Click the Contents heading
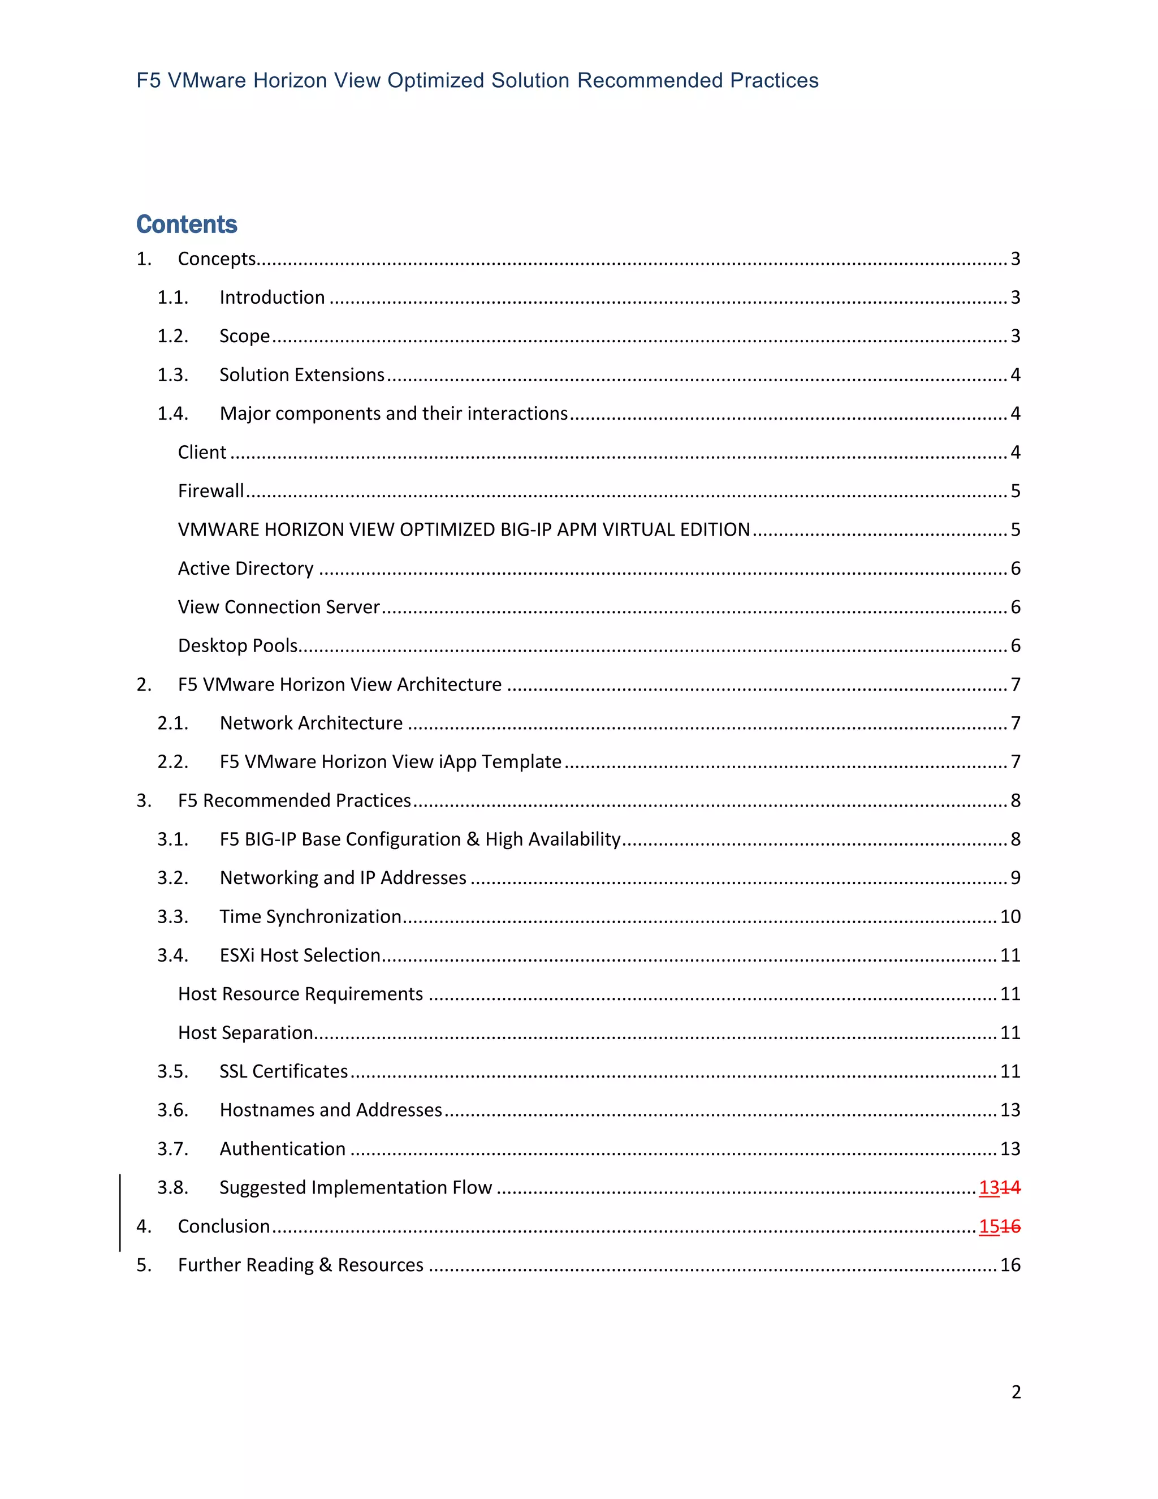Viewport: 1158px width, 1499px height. point(187,225)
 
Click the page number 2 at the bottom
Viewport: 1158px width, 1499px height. point(1016,1392)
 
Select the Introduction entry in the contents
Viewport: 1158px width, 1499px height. point(271,297)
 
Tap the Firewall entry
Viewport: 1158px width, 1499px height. point(210,491)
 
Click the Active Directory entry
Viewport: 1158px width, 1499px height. point(245,568)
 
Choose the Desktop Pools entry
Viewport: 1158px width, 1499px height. point(237,645)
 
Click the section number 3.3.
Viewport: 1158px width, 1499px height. point(172,916)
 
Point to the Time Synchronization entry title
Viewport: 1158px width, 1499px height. point(310,916)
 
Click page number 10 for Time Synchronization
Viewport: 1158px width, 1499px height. point(1010,916)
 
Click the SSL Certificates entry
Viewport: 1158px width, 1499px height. point(283,1071)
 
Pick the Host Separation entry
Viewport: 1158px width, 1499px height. point(245,1032)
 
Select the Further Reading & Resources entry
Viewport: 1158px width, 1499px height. point(300,1265)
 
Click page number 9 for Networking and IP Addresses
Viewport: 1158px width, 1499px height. point(1016,878)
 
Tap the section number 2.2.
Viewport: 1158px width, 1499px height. point(172,762)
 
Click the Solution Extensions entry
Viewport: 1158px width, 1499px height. point(302,374)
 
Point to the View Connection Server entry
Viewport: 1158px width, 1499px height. point(279,607)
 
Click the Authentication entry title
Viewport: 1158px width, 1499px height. point(283,1149)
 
